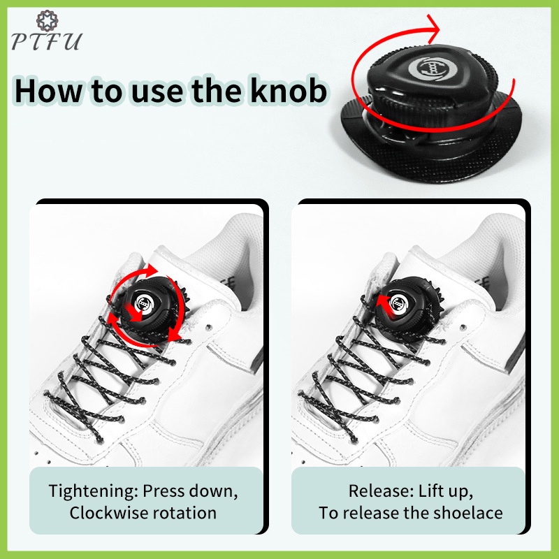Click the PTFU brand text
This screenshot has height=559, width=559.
(x=46, y=41)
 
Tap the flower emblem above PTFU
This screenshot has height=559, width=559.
(x=47, y=20)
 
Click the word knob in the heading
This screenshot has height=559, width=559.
(x=288, y=91)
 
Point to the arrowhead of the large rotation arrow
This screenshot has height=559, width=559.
(x=434, y=29)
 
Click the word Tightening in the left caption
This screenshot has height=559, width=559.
(x=94, y=491)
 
